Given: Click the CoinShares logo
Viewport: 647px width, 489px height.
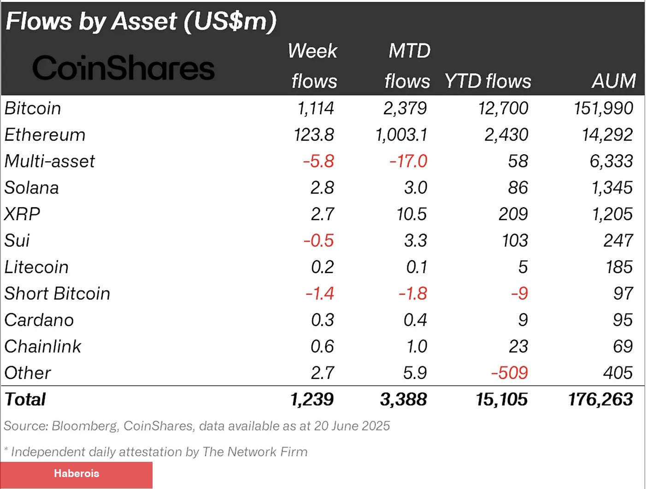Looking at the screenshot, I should (123, 68).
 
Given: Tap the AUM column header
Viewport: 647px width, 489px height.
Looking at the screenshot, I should (613, 81).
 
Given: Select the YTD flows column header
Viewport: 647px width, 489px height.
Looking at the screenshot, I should (488, 81).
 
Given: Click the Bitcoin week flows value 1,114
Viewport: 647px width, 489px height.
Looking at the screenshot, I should (315, 108).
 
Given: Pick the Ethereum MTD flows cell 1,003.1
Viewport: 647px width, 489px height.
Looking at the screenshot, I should (401, 135).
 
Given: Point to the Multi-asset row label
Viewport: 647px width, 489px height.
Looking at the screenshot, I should (49, 161).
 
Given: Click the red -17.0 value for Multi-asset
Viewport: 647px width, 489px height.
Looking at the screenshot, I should (408, 161).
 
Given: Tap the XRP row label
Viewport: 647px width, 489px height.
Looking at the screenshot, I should (22, 214).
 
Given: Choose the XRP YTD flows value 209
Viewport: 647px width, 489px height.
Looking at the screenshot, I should (513, 214).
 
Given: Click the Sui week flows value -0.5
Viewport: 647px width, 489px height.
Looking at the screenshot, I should (318, 240).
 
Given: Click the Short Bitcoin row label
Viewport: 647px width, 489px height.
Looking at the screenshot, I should (57, 293).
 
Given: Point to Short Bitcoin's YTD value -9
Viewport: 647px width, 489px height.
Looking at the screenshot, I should (519, 293).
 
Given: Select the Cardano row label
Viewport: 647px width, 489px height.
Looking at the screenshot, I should (39, 320).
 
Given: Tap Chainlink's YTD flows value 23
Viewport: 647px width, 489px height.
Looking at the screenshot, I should (518, 346).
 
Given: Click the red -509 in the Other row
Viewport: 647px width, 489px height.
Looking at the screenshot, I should (509, 373).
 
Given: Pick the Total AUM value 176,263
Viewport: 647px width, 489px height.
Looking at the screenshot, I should (600, 399).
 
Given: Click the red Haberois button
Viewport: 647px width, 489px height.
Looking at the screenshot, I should (76, 474).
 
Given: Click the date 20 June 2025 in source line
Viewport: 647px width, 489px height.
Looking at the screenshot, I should (352, 426).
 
